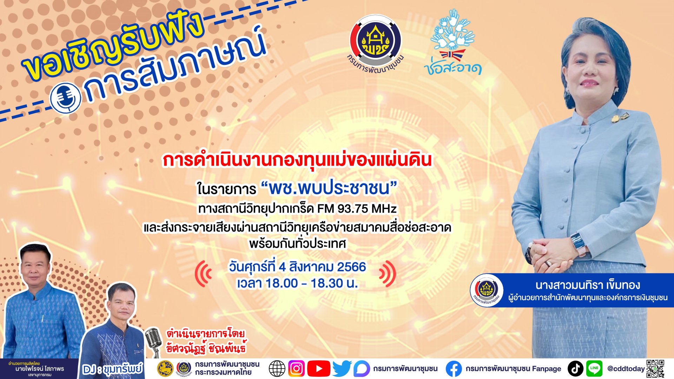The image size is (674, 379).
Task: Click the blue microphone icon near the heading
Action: pyautogui.click(x=66, y=98)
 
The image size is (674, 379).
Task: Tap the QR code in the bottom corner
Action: pyautogui.click(x=655, y=368)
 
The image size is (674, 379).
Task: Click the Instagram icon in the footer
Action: pyautogui.click(x=296, y=368)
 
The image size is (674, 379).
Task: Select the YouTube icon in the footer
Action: pyautogui.click(x=318, y=368)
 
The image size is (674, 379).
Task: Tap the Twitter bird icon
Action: pyautogui.click(x=342, y=368)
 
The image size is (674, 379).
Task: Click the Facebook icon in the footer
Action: pyautogui.click(x=454, y=369)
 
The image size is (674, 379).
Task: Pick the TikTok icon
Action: pyautogui.click(x=575, y=368)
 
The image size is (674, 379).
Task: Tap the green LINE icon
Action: pyautogui.click(x=594, y=368)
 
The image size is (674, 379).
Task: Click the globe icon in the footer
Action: pyautogui.click(x=277, y=368)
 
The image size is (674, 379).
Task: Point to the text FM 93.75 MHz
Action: pyautogui.click(x=357, y=209)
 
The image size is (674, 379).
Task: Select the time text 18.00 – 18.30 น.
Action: pyautogui.click(x=311, y=283)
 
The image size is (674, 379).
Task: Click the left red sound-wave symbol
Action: pyautogui.click(x=204, y=274)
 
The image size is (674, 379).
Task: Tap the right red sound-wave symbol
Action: pyautogui.click(x=388, y=274)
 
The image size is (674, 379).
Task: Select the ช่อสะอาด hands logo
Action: pyautogui.click(x=452, y=42)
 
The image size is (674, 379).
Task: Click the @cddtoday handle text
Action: pyautogui.click(x=626, y=369)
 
